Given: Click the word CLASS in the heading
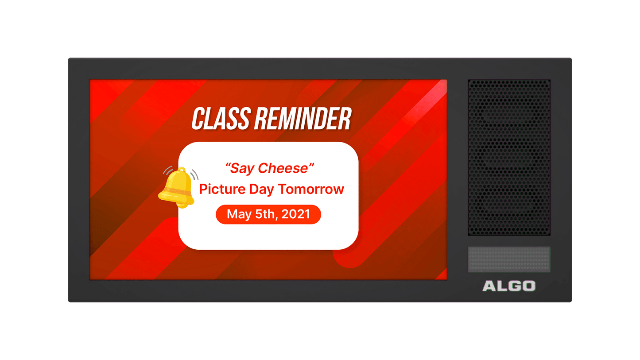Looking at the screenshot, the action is point(221,119).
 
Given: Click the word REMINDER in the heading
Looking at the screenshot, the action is point(303,119).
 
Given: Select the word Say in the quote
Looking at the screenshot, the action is point(242,168).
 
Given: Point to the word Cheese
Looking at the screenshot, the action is point(283,168).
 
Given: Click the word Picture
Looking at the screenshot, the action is point(222,189).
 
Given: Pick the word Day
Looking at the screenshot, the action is point(261,190).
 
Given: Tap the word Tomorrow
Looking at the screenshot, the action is point(311,189).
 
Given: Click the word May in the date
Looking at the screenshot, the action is point(239,215).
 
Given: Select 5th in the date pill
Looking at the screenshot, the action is point(265,214).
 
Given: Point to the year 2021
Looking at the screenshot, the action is point(296,214).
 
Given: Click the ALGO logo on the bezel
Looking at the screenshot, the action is point(509,286).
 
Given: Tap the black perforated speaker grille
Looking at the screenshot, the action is point(509,158).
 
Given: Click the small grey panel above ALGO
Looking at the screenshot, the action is point(509,259).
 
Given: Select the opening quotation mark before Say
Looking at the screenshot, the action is point(228,166).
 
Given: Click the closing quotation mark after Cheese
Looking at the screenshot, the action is point(311,165).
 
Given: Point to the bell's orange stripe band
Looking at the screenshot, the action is point(176,191).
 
